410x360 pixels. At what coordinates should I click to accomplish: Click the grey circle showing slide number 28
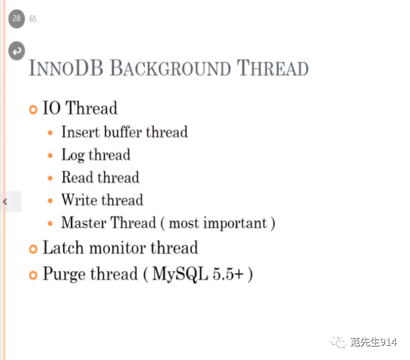pyautogui.click(x=17, y=19)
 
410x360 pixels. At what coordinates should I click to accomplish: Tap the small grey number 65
pyautogui.click(x=33, y=19)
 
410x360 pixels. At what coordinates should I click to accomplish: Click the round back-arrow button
pyautogui.click(x=17, y=51)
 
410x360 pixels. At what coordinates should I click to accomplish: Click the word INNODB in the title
pyautogui.click(x=66, y=68)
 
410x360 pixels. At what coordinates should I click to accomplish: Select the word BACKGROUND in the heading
pyautogui.click(x=170, y=68)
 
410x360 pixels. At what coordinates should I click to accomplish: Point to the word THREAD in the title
pyautogui.click(x=273, y=68)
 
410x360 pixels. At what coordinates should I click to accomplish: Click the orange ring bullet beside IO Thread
pyautogui.click(x=33, y=109)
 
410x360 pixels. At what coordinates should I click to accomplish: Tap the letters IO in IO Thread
pyautogui.click(x=52, y=107)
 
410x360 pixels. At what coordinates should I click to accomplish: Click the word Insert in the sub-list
pyautogui.click(x=81, y=132)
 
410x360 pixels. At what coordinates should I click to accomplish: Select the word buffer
pyautogui.click(x=123, y=132)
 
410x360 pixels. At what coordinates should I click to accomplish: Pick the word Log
pyautogui.click(x=73, y=155)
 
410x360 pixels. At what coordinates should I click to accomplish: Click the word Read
pyautogui.click(x=78, y=177)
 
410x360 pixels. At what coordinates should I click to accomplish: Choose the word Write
pyautogui.click(x=80, y=200)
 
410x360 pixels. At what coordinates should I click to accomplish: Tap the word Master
pyautogui.click(x=84, y=223)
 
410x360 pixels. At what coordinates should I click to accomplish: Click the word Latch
pyautogui.click(x=63, y=248)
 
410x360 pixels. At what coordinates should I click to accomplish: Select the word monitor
pyautogui.click(x=117, y=248)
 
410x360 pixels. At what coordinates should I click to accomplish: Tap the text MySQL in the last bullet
pyautogui.click(x=180, y=274)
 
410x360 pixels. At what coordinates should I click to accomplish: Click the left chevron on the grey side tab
pyautogui.click(x=5, y=202)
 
